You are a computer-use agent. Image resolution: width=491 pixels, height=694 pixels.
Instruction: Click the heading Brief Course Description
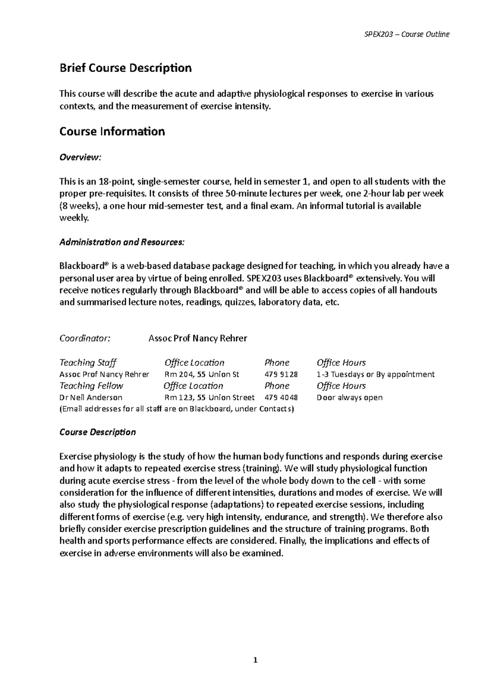point(125,68)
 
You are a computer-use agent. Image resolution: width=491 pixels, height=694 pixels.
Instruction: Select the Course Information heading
point(112,132)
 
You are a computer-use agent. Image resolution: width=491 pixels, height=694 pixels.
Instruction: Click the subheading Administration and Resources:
point(122,242)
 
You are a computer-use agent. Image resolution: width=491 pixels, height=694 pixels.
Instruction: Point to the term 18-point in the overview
point(115,181)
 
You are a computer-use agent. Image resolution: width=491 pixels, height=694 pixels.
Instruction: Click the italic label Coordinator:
point(85,338)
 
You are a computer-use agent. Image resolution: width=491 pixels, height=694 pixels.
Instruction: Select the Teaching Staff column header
point(88,363)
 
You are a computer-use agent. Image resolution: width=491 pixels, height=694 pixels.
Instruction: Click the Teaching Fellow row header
point(91,386)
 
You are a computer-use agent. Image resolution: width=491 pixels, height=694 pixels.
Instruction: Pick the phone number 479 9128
point(281,374)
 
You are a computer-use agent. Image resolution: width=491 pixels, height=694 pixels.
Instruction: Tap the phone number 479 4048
point(281,398)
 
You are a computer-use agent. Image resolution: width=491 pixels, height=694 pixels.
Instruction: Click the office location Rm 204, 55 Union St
point(202,374)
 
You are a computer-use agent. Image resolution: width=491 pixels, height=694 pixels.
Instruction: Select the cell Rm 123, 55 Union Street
point(209,398)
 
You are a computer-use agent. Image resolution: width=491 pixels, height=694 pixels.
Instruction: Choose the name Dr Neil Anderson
point(91,398)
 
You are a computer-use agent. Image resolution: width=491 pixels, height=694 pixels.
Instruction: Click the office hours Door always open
point(349,398)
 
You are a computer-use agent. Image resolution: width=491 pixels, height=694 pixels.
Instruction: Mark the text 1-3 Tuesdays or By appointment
point(375,374)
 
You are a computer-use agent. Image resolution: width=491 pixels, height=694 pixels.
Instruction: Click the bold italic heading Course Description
point(97,432)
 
